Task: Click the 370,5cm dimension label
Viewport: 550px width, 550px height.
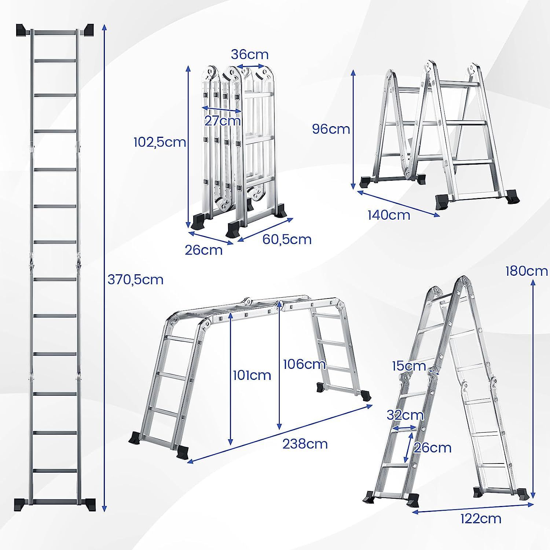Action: pyautogui.click(x=135, y=280)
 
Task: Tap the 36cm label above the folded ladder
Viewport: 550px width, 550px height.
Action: pyautogui.click(x=250, y=55)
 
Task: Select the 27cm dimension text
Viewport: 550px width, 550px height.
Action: pyautogui.click(x=223, y=120)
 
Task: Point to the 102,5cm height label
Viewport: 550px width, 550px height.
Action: pyautogui.click(x=159, y=142)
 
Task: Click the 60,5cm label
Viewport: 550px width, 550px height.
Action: pyautogui.click(x=287, y=239)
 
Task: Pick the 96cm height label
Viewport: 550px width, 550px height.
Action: pyautogui.click(x=331, y=129)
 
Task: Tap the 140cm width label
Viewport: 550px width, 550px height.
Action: pyautogui.click(x=389, y=215)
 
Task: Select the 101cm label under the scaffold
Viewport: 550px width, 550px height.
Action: pyautogui.click(x=252, y=375)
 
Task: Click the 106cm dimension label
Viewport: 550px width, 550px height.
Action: pyautogui.click(x=304, y=364)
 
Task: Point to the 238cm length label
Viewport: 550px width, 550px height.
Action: pyautogui.click(x=305, y=444)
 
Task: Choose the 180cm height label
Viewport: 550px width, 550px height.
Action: pyautogui.click(x=527, y=271)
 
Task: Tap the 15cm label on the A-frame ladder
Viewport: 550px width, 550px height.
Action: pyautogui.click(x=409, y=366)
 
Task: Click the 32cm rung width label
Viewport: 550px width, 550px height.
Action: pyautogui.click(x=405, y=415)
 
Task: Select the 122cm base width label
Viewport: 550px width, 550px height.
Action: pyautogui.click(x=481, y=518)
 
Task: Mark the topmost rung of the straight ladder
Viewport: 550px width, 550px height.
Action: pyautogui.click(x=55, y=32)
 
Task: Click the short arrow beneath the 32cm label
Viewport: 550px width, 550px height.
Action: pyautogui.click(x=404, y=428)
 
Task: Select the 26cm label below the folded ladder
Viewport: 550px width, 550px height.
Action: pyautogui.click(x=203, y=250)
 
